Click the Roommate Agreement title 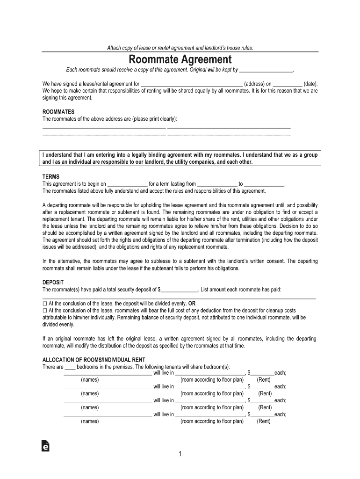pos(180,60)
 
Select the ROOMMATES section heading pos(58,112)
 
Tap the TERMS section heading pos(51,177)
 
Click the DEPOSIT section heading pos(53,283)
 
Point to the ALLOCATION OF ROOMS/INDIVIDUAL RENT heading pos(94,360)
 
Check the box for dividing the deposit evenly pos(45,303)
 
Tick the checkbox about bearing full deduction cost pos(45,310)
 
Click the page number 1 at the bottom pos(180,454)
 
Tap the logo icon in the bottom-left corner pos(45,447)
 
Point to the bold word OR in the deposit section pos(192,303)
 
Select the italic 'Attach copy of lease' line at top pos(180,48)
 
